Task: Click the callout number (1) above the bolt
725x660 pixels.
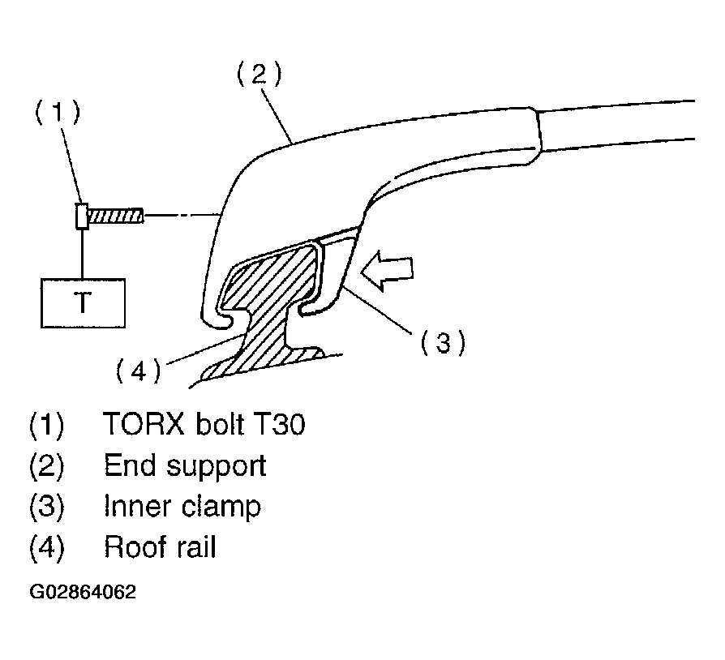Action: (x=58, y=113)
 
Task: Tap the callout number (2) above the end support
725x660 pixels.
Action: (x=259, y=74)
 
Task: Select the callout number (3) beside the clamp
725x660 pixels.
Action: (x=443, y=343)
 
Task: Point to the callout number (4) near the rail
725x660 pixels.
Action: (x=138, y=371)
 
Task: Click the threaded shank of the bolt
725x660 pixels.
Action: (x=116, y=216)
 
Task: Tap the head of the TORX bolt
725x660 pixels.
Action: (x=82, y=216)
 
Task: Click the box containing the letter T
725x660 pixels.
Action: (x=83, y=303)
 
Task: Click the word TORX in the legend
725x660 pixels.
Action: (x=144, y=423)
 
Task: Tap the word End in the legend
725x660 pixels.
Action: (x=130, y=465)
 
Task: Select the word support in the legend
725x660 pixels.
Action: (x=217, y=467)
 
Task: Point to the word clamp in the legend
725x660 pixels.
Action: (x=221, y=508)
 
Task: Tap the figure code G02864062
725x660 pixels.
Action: (x=83, y=592)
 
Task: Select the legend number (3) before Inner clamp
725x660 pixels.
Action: (x=47, y=506)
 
